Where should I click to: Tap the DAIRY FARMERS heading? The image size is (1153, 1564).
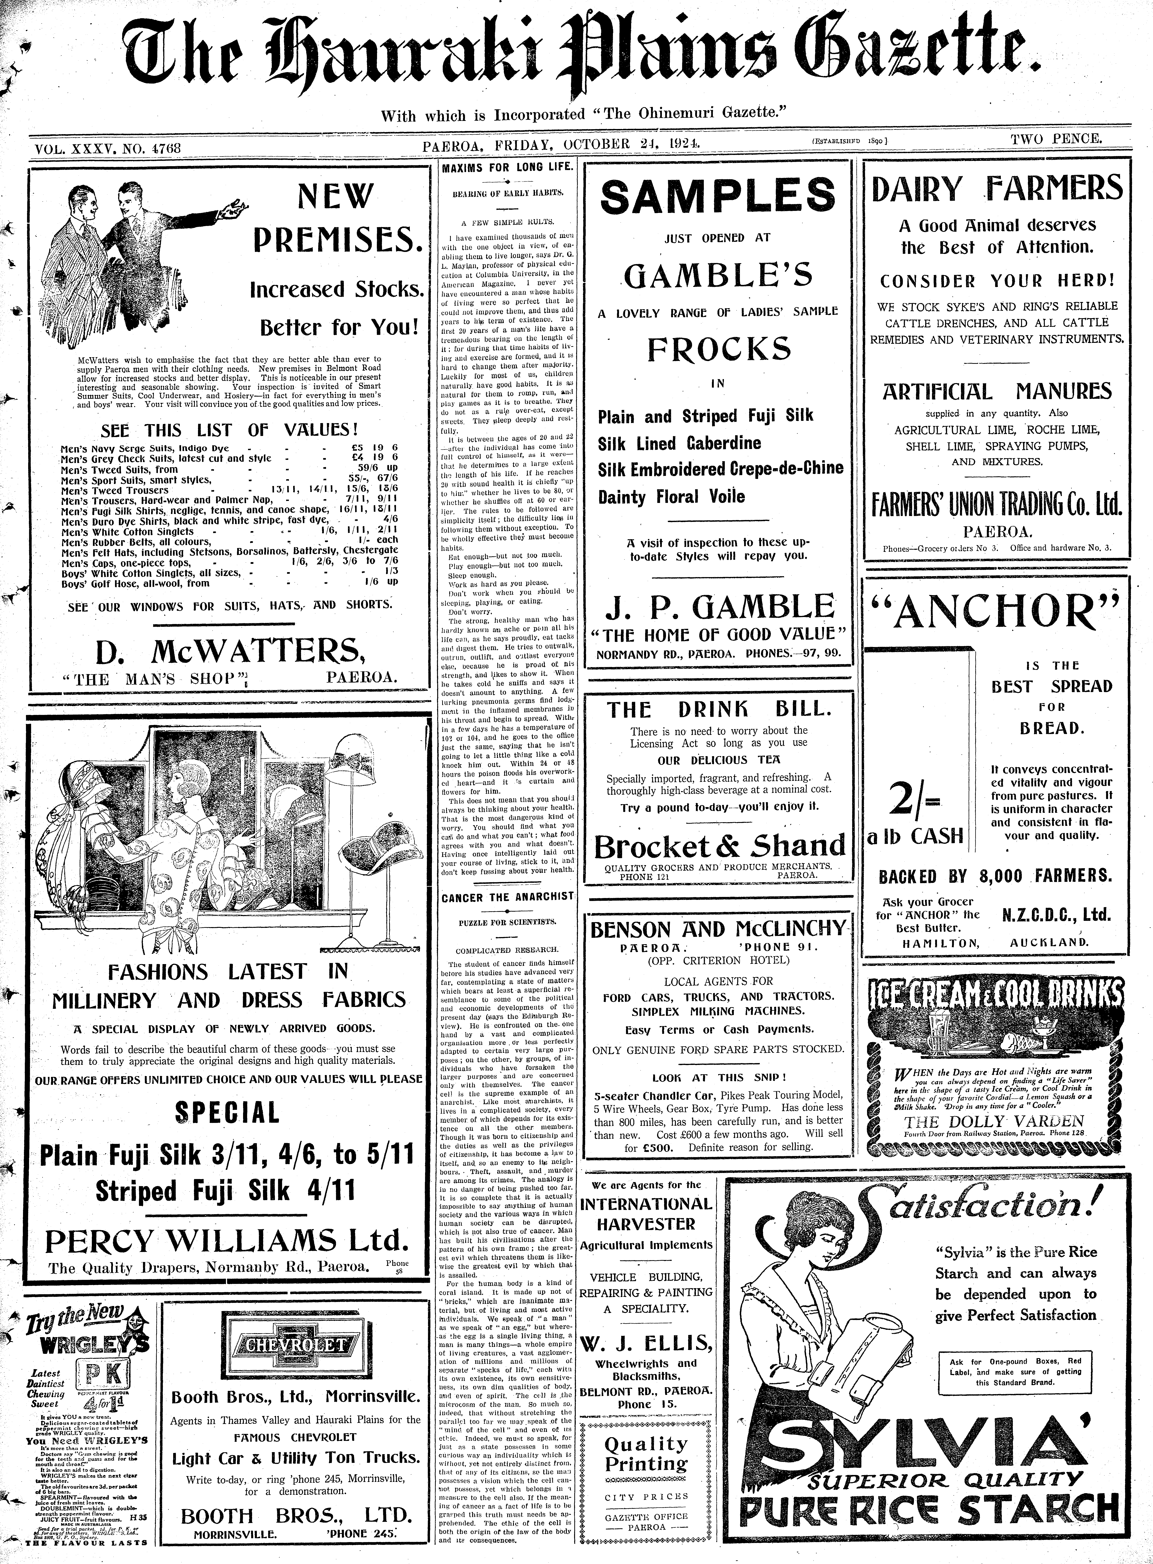pyautogui.click(x=997, y=189)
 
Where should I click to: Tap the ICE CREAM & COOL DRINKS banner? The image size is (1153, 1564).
pyautogui.click(x=997, y=995)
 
